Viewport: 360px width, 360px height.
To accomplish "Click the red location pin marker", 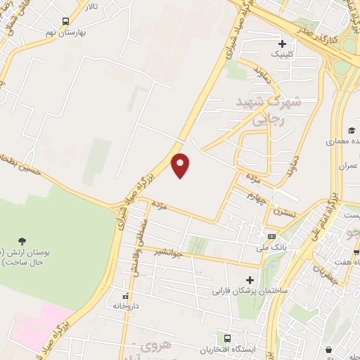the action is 181,165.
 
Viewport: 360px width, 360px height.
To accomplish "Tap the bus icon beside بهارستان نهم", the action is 65,22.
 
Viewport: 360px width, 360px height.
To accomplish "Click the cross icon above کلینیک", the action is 282,44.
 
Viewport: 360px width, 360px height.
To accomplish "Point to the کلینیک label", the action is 275,54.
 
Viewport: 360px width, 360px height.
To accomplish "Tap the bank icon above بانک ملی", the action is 272,236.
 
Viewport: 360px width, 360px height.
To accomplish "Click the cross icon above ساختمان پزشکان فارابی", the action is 250,279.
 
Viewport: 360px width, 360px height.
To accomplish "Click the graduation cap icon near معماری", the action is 350,130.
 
